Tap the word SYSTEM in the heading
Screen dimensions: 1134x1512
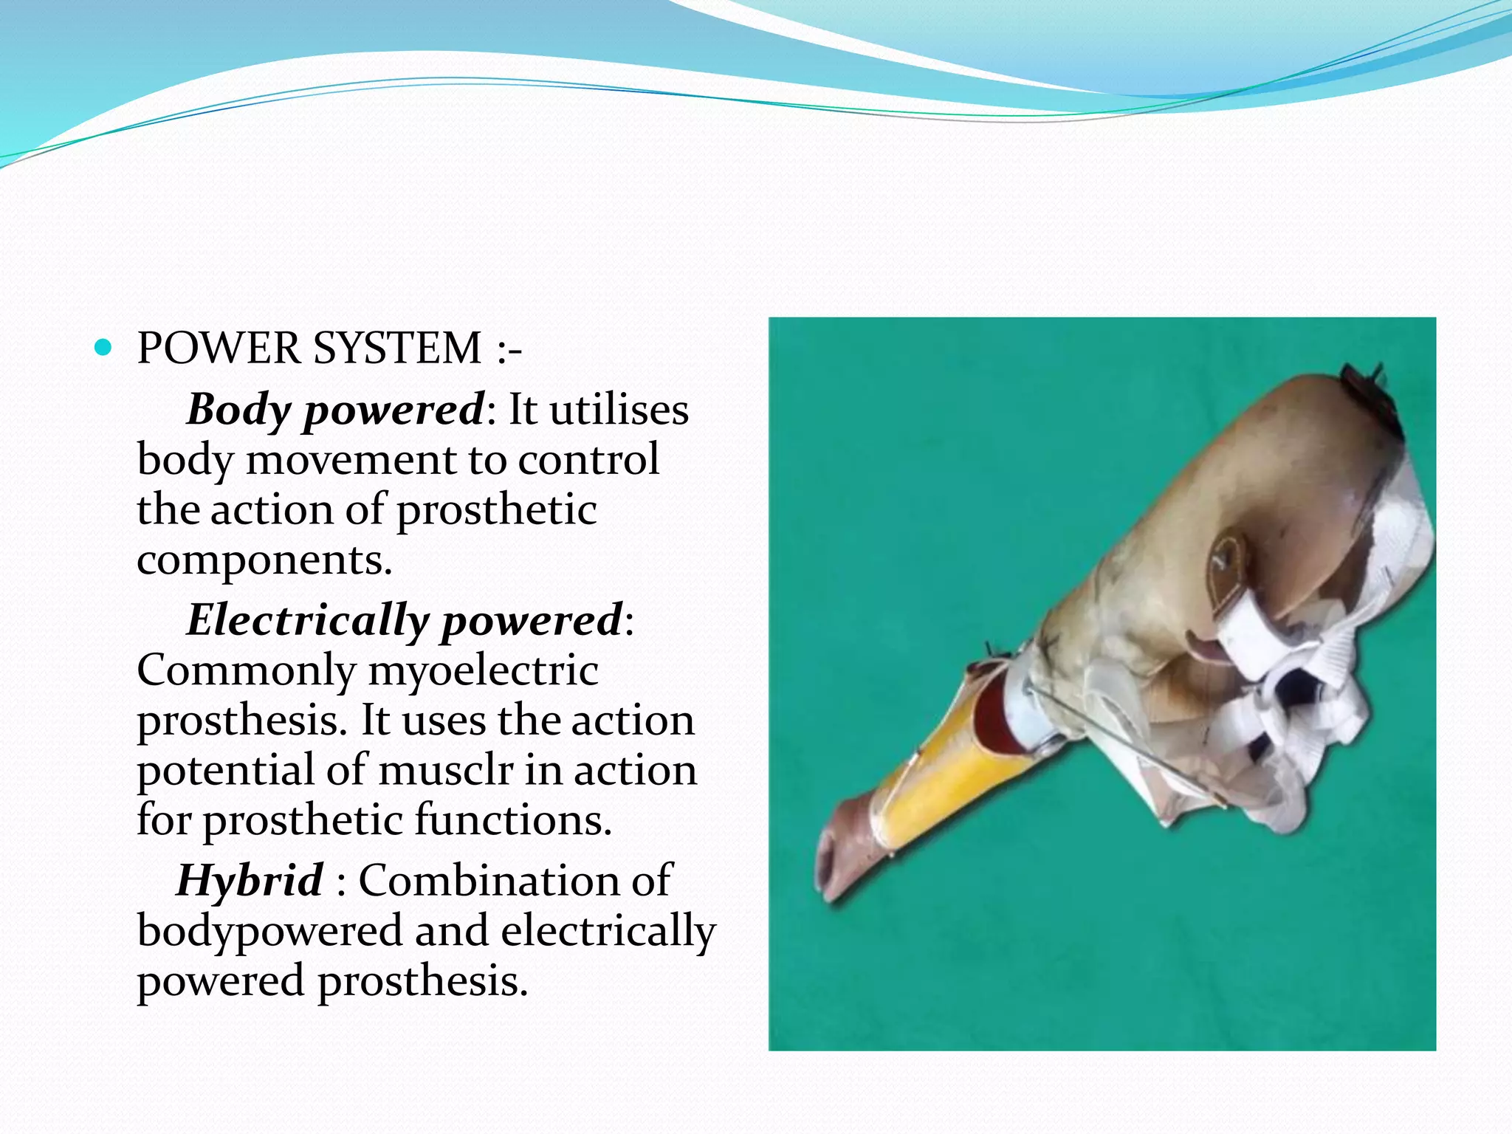click(x=397, y=348)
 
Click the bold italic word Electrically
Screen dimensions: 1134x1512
click(x=306, y=620)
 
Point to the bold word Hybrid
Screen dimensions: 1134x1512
click(x=250, y=881)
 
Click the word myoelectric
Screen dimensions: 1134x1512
click(x=483, y=672)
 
